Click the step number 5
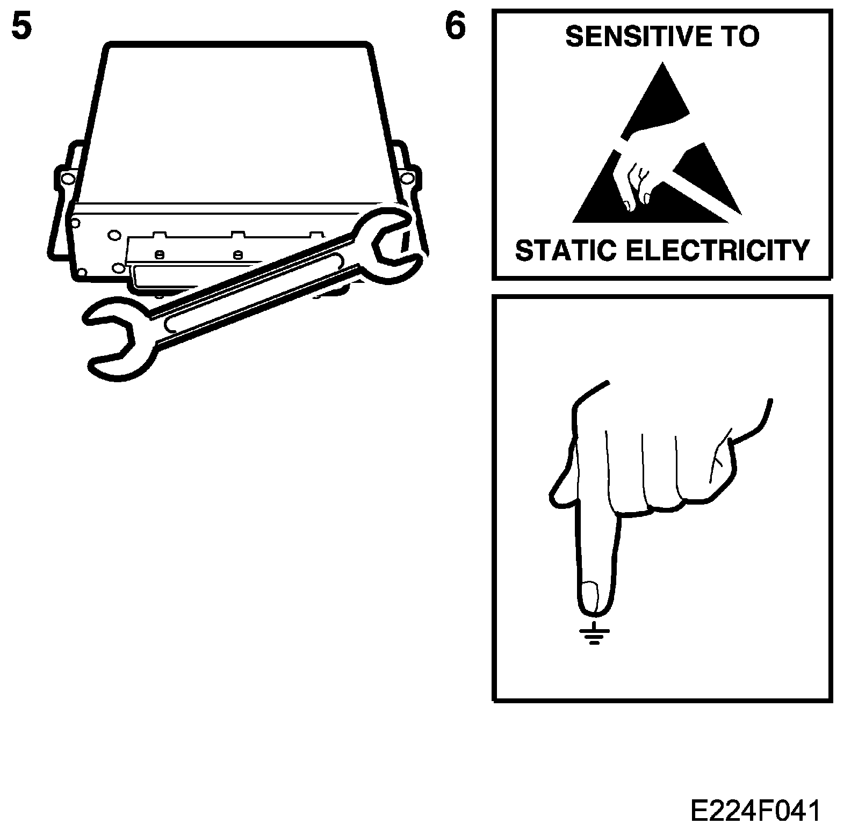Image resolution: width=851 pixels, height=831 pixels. [x=21, y=27]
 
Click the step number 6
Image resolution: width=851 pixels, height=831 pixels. [x=455, y=27]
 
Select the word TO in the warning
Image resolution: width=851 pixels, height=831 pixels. [x=740, y=37]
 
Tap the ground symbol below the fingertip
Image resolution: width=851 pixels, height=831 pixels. [x=594, y=633]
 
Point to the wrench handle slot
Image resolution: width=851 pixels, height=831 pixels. [x=253, y=293]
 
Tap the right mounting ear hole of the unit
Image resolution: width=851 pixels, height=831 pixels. [x=407, y=177]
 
